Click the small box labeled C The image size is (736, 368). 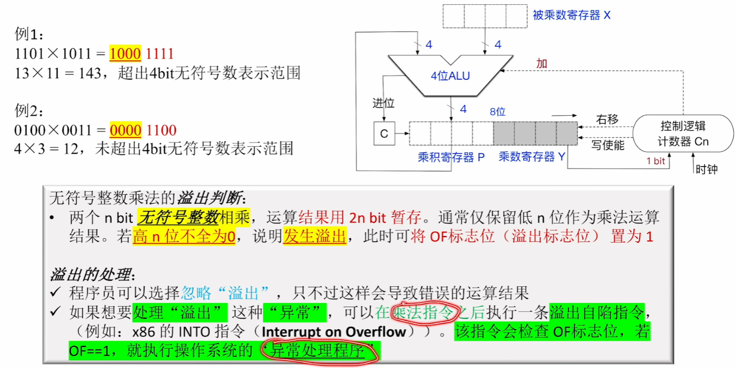click(384, 133)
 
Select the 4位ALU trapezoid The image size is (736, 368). click(450, 75)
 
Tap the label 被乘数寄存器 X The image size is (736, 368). click(571, 16)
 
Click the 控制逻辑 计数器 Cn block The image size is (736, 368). click(683, 133)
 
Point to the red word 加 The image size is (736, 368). click(542, 63)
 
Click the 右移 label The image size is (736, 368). click(607, 120)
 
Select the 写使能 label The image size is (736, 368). click(608, 145)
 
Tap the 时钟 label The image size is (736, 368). click(706, 169)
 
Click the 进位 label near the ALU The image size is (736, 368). click(383, 103)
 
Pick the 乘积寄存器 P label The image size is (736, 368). click(451, 157)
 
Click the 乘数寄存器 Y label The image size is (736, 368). click(532, 157)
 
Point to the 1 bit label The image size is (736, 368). click(655, 161)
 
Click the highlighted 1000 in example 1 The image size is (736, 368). click(125, 54)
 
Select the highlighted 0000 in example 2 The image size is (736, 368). click(125, 130)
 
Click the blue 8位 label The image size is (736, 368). click(497, 111)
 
